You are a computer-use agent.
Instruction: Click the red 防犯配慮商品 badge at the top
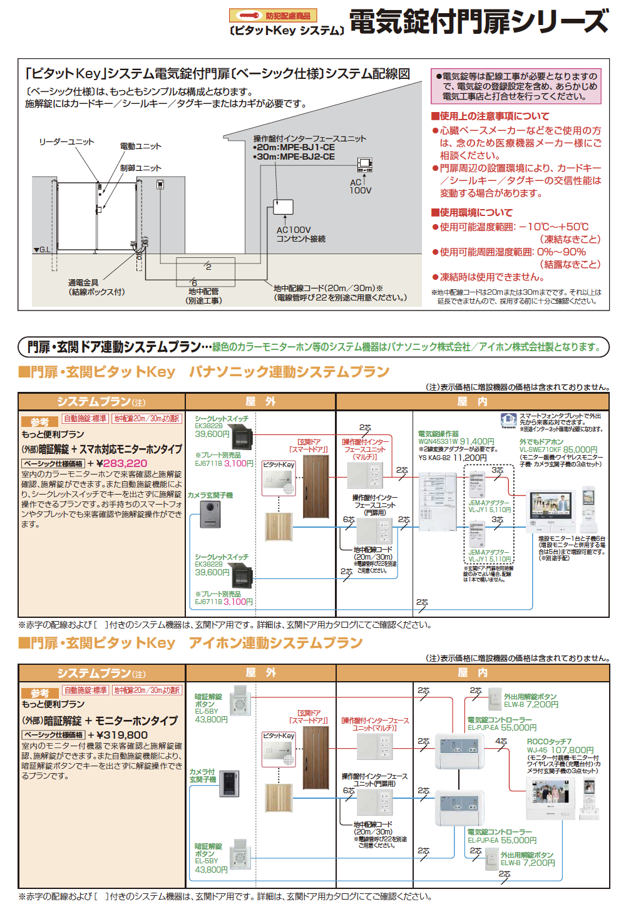click(x=273, y=16)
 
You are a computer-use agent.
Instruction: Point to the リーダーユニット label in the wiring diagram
click(x=66, y=142)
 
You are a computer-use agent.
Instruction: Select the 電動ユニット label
click(x=141, y=146)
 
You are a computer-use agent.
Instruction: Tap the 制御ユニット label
click(x=141, y=168)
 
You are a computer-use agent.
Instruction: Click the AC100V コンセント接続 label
click(x=300, y=234)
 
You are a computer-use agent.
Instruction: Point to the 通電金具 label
click(x=83, y=283)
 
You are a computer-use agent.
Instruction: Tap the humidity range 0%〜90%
click(x=561, y=252)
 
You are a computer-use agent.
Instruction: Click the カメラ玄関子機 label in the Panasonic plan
click(x=210, y=495)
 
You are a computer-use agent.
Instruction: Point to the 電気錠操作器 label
click(x=438, y=434)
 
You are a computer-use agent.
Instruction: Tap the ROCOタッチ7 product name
click(x=549, y=741)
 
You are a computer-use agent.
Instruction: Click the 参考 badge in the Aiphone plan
click(x=40, y=693)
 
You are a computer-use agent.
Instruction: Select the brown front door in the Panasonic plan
click(x=316, y=486)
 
